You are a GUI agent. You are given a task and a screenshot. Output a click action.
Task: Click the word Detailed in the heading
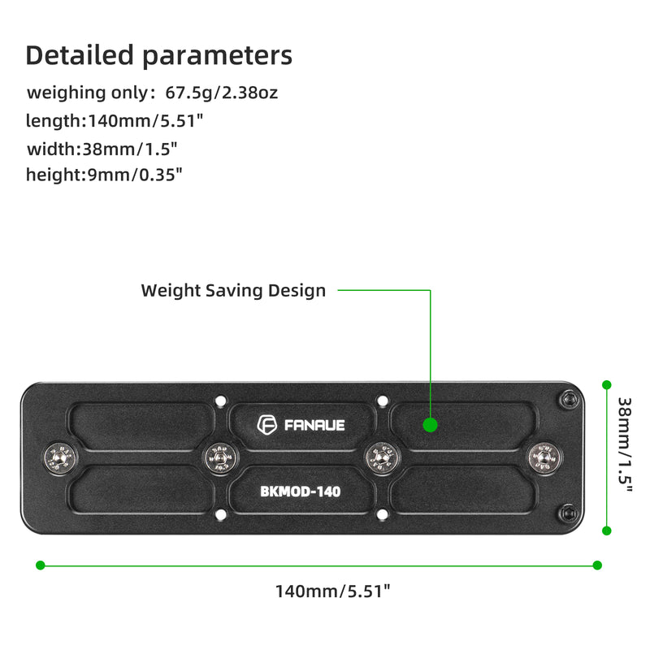[80, 55]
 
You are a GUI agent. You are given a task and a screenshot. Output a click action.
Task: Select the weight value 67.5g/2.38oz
[222, 93]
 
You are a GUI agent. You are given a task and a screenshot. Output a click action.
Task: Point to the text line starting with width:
[102, 149]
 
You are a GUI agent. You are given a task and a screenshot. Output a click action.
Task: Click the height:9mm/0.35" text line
[104, 175]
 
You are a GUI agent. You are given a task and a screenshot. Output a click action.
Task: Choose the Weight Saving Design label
[233, 290]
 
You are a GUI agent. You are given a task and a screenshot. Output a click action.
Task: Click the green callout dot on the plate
[431, 424]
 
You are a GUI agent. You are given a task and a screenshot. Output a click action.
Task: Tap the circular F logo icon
[267, 424]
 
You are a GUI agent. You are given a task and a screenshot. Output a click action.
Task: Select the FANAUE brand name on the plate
[314, 425]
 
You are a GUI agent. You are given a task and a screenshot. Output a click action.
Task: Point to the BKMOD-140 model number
[301, 491]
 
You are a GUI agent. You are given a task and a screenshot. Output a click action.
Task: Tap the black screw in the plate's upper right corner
[567, 398]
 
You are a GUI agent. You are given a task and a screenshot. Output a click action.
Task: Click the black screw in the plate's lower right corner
[567, 513]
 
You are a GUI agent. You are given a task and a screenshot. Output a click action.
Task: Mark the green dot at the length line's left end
[40, 565]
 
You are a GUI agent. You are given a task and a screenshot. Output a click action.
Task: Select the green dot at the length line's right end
[597, 565]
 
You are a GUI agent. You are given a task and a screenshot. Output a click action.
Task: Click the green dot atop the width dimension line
[606, 383]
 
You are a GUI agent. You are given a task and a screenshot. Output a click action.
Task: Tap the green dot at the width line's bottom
[606, 530]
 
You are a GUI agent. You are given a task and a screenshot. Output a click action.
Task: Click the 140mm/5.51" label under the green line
[333, 591]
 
